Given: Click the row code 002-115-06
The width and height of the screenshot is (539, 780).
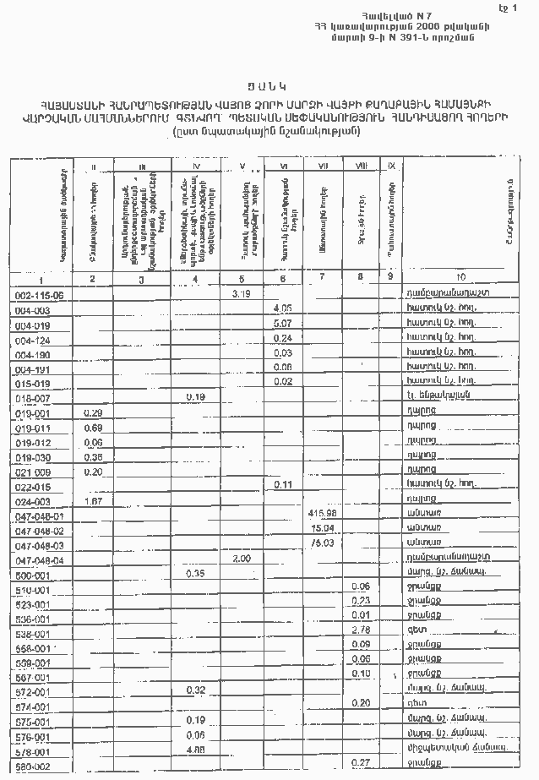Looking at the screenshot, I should pos(41,295).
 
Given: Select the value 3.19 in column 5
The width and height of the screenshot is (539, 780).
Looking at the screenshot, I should pos(242,293).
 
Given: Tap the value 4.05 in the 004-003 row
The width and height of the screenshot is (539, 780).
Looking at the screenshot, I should pos(283,309).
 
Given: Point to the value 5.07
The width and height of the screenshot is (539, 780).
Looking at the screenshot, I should pos(283,324).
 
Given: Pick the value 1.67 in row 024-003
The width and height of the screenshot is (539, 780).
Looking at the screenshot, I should pos(93,501).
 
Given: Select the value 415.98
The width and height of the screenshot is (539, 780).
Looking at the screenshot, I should pos(323,514).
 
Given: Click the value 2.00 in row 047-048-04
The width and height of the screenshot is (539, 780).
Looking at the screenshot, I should pos(242,559).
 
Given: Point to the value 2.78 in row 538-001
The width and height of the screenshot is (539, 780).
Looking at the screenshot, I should pos(362,630).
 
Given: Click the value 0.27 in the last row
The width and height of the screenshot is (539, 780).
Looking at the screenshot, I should pos(362,763).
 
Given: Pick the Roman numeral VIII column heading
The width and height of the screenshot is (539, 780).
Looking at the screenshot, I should pos(362,166).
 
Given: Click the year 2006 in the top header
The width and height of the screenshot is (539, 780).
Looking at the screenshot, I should pos(433,27).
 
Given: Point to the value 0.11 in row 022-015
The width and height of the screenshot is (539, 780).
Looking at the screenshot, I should pos(283,485).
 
